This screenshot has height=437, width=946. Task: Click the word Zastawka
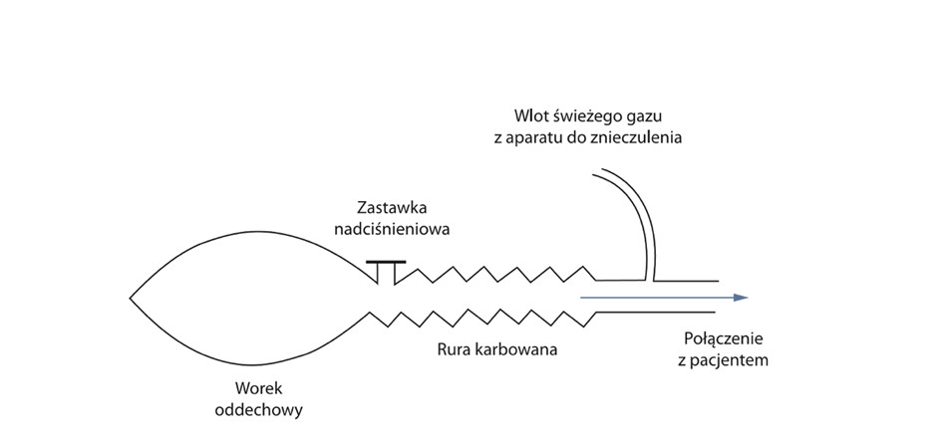pyautogui.click(x=392, y=209)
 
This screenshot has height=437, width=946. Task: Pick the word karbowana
pyautogui.click(x=518, y=349)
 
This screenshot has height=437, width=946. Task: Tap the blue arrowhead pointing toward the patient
pyautogui.click(x=741, y=298)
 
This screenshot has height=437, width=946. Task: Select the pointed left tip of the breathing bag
pyautogui.click(x=130, y=298)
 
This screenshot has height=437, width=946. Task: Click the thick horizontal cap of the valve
pyautogui.click(x=386, y=262)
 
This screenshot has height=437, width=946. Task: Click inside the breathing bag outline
pyautogui.click(x=253, y=299)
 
